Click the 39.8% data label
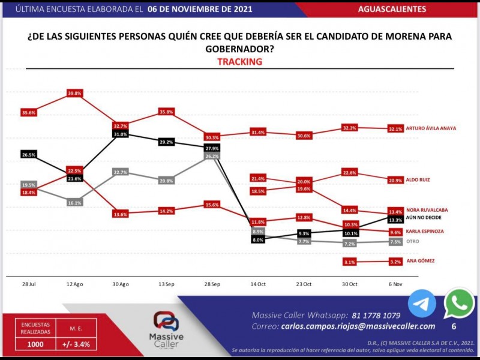coord(75,93)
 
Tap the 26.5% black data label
coord(28,154)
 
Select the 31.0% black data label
coord(121,134)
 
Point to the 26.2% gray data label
coord(212,156)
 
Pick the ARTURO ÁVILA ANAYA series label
coord(431,128)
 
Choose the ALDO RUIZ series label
coord(418,179)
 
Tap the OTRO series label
coord(412,241)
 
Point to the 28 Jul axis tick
coord(28,284)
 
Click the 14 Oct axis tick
coord(258,284)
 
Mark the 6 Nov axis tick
coord(395,284)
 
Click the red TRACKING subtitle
coord(239,62)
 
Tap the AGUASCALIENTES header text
coord(392,9)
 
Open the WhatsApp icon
coord(458,304)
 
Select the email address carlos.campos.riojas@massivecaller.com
coord(358,326)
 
